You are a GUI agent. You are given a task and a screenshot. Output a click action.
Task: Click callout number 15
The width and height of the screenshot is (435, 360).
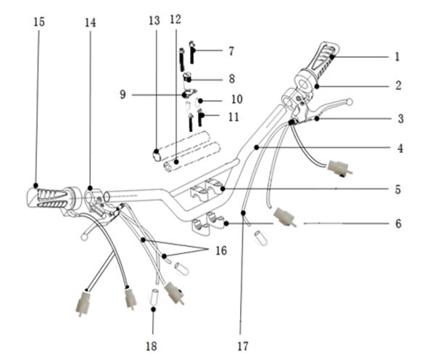pos(39,22)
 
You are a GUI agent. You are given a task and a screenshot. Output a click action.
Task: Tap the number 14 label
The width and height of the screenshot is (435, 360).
pos(91,22)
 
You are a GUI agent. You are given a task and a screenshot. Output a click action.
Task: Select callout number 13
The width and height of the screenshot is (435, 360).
pos(154,20)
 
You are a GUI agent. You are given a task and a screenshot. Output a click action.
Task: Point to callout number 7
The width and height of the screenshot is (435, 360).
pos(231,51)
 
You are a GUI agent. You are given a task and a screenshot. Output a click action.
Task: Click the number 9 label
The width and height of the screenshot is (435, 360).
pos(123,94)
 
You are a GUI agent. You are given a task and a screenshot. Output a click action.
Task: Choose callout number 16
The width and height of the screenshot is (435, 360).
pos(221,250)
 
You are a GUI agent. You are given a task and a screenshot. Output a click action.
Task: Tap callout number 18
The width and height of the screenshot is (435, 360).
pos(152,346)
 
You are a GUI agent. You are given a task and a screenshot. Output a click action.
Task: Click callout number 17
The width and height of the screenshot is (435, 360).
pos(243,346)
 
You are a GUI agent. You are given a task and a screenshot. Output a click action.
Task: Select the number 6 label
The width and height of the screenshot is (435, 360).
pos(398,224)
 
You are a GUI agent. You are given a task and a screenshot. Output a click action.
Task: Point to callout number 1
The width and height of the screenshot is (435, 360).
pos(397,57)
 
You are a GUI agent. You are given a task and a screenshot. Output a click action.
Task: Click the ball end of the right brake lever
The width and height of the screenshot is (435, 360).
pos(350,102)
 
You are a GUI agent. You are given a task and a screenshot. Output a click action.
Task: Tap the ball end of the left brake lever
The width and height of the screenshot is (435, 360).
pos(83,237)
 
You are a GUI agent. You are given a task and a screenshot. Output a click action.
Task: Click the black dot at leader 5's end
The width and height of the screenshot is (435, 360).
pos(223,189)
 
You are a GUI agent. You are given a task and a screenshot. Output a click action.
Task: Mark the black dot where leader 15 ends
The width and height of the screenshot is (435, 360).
pos(36,185)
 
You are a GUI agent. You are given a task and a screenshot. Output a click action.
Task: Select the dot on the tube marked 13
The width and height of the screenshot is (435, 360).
pos(156,152)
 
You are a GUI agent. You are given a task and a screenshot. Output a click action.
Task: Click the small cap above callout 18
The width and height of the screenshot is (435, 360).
pos(154,296)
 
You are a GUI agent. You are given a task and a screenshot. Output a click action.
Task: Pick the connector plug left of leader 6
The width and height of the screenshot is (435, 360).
pos(284,217)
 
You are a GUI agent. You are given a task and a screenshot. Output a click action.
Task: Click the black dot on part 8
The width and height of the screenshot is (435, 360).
pos(189,81)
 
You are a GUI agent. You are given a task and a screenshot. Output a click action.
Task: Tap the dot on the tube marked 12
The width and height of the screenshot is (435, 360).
pos(176,161)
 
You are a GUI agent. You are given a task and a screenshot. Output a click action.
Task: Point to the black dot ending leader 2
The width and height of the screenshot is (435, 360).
pos(317,86)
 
